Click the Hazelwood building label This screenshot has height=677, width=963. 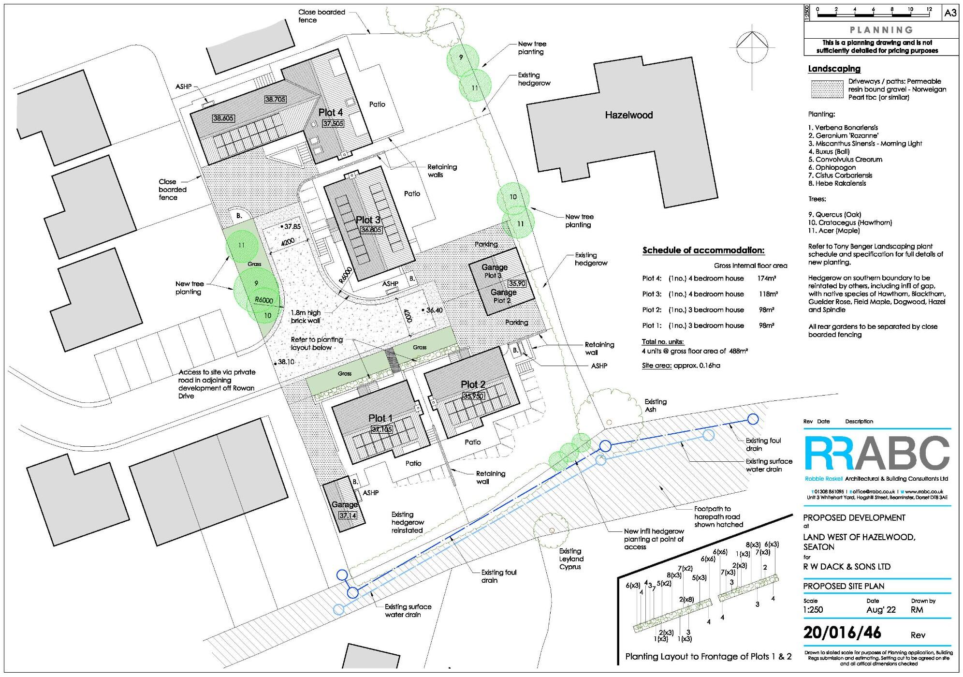[629, 115]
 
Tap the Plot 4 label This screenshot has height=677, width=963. [331, 113]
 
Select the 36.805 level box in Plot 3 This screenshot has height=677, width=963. [371, 230]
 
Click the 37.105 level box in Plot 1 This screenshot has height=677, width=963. [382, 429]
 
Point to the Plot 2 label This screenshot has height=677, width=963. [473, 384]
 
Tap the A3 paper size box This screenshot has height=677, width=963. [950, 13]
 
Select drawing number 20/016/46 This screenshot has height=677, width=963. [842, 633]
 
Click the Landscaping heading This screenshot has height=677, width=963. [834, 69]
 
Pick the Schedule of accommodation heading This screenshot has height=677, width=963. [703, 250]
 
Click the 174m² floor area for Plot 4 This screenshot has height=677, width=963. [767, 279]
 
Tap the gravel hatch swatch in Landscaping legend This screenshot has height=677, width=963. [826, 89]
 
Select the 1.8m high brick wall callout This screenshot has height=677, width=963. [306, 317]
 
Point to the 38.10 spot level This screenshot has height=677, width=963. [286, 362]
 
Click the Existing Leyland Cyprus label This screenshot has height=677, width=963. [570, 559]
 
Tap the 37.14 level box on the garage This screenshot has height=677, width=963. [347, 515]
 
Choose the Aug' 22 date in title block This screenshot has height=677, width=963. [881, 610]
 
